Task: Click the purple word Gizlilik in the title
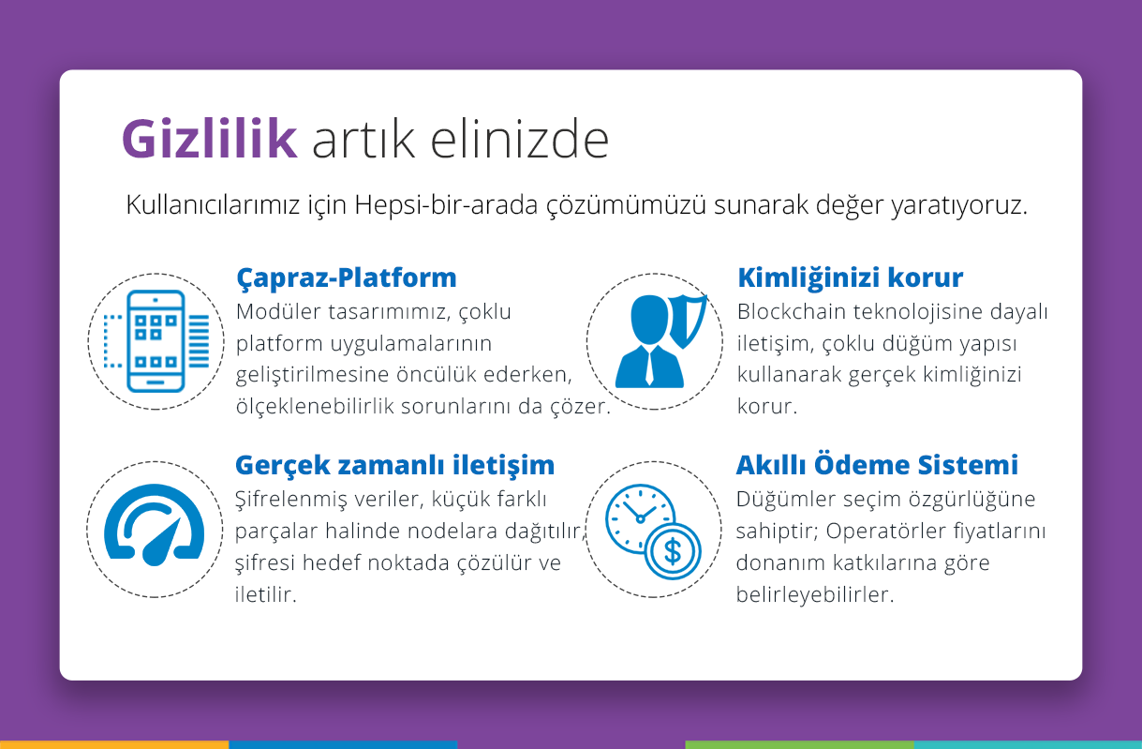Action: [x=210, y=139]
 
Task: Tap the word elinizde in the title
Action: [x=520, y=139]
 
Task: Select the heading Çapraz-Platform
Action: [x=347, y=278]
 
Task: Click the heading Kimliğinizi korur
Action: [x=851, y=277]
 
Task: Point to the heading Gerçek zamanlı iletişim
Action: [x=394, y=466]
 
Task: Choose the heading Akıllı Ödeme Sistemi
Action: [x=877, y=464]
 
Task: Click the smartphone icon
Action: [x=156, y=341]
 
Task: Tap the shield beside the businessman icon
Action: [x=688, y=321]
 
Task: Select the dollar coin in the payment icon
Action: [x=673, y=551]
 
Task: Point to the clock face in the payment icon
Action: [x=639, y=517]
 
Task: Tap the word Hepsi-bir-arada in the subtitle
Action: [x=446, y=205]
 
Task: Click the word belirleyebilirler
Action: [x=815, y=595]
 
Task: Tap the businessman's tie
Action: [x=649, y=367]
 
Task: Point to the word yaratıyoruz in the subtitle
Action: [x=959, y=205]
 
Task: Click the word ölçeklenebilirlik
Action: [x=315, y=407]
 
